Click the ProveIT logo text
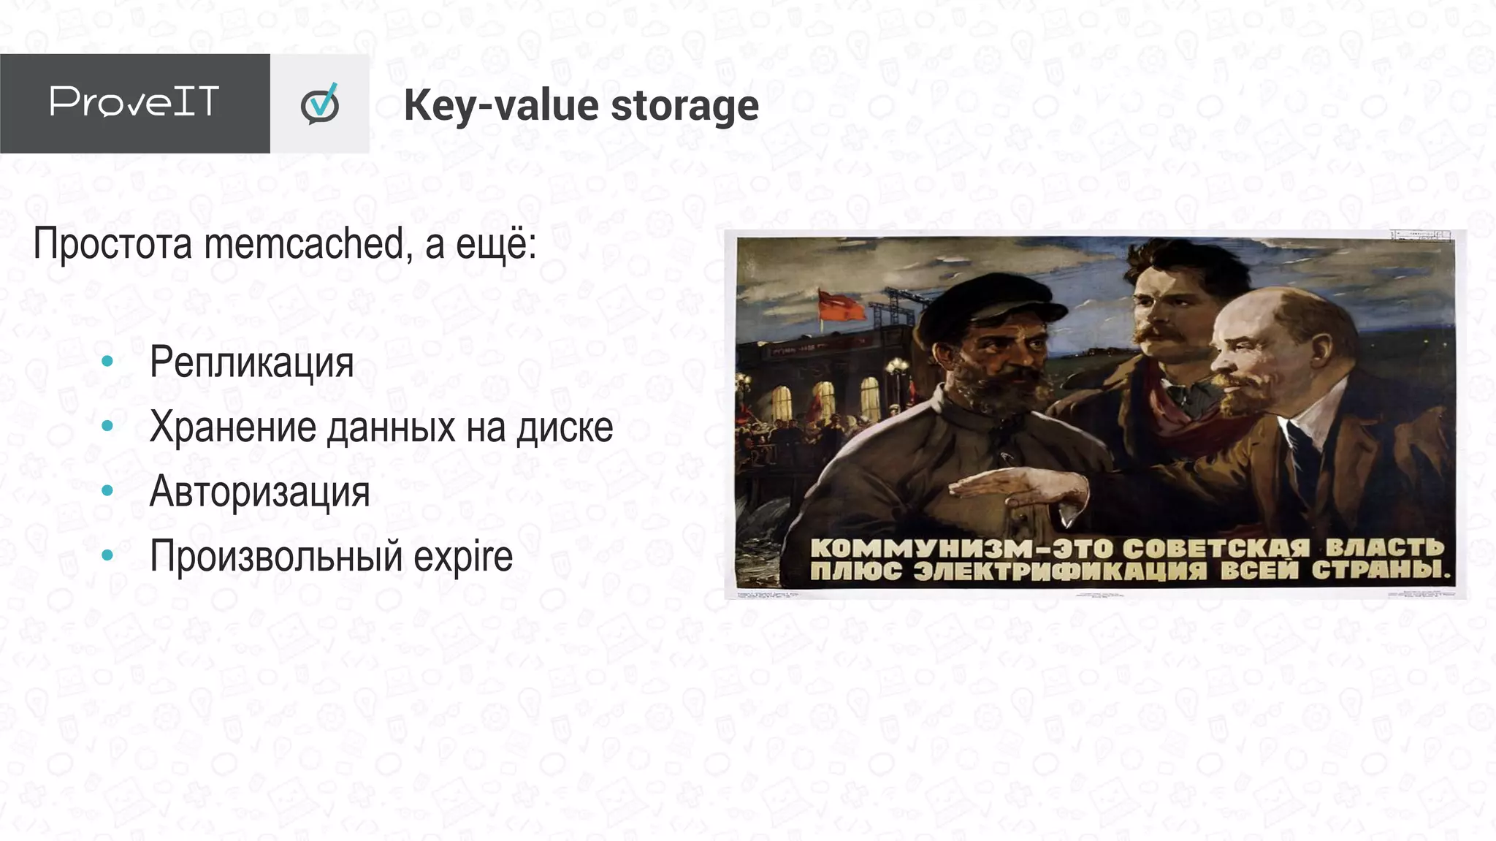134,102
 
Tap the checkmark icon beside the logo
320,104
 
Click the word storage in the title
684,106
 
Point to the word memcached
303,243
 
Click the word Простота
112,243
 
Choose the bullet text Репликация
251,362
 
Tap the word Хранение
232,427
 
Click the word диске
565,427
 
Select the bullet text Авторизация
259,491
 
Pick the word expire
463,557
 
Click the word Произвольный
275,557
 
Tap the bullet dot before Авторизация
107,491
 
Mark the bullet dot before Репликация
107,362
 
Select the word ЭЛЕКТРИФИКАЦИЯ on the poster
1059,571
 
